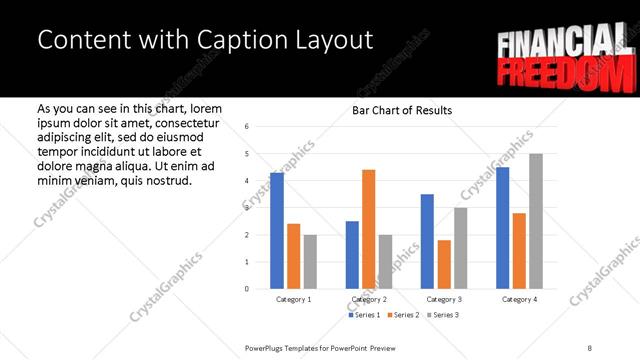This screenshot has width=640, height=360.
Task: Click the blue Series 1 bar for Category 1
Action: (277, 231)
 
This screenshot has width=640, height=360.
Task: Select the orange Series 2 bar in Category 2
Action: (368, 229)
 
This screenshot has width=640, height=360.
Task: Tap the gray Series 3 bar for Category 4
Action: (536, 221)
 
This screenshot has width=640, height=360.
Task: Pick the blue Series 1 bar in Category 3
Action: (427, 241)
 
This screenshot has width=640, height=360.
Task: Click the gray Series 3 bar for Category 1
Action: (310, 262)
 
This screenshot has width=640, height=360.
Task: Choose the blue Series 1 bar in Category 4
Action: (502, 228)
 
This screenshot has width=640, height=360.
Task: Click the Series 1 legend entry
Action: (364, 315)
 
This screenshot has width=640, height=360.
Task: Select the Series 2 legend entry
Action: (403, 315)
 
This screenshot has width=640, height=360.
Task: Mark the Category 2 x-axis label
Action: (368, 299)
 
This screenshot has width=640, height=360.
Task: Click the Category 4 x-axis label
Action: (519, 299)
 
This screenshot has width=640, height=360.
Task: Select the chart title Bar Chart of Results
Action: (402, 110)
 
